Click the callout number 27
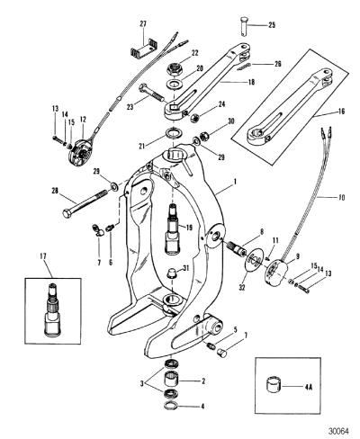click(x=142, y=24)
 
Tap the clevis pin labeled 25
click(x=244, y=27)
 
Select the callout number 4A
click(x=309, y=387)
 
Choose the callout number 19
click(x=189, y=228)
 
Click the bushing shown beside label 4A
click(x=274, y=387)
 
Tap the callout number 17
click(x=43, y=256)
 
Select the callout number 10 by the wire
click(x=341, y=197)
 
